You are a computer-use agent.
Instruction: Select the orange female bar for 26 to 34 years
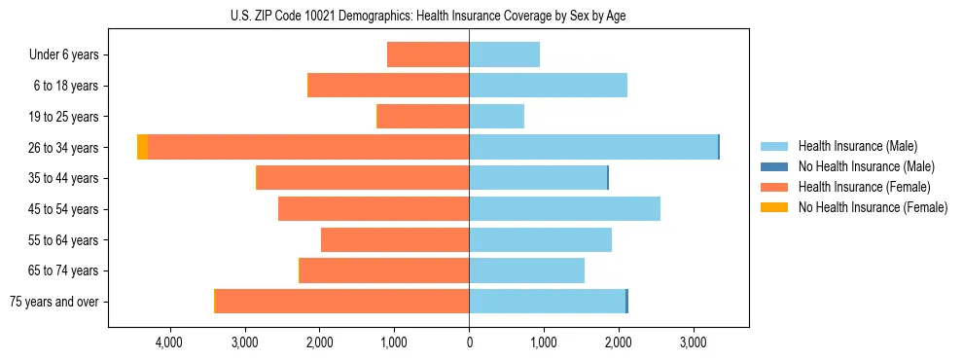click(x=308, y=147)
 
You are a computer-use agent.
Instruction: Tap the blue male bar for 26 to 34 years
click(x=593, y=147)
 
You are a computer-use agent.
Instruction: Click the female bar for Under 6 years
click(x=428, y=54)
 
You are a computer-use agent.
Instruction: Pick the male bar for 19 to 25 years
click(x=496, y=117)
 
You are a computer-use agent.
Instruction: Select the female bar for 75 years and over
click(x=342, y=302)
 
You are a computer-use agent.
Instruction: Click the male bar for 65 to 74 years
click(x=526, y=270)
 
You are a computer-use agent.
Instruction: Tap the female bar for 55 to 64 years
click(x=395, y=240)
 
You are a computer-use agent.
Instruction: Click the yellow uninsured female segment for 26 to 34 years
click(x=142, y=147)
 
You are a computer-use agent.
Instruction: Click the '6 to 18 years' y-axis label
click(x=66, y=86)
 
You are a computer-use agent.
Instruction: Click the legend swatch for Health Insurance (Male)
click(x=774, y=146)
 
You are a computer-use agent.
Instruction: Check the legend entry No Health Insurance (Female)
click(x=872, y=207)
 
